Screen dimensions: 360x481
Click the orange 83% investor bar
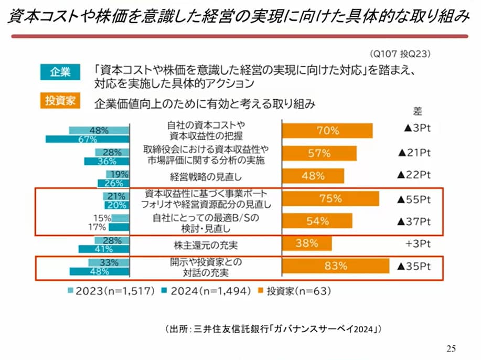pyautogui.click(x=336, y=266)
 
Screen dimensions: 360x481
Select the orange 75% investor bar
pyautogui.click(x=330, y=199)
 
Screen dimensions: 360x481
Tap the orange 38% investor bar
pyautogui.click(x=307, y=243)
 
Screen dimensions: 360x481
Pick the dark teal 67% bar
pyautogui.click(x=87, y=139)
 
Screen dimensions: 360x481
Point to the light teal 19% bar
pyautogui.click(x=117, y=174)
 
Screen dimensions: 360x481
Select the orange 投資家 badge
pyautogui.click(x=60, y=101)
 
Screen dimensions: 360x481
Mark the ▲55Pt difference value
pyautogui.click(x=414, y=199)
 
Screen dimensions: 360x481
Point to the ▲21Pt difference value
pyautogui.click(x=414, y=153)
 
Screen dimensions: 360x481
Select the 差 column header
pyautogui.click(x=418, y=111)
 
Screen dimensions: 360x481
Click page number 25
pyautogui.click(x=451, y=348)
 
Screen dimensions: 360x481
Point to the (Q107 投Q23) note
pyautogui.click(x=401, y=54)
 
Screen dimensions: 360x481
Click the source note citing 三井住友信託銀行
pyautogui.click(x=273, y=330)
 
